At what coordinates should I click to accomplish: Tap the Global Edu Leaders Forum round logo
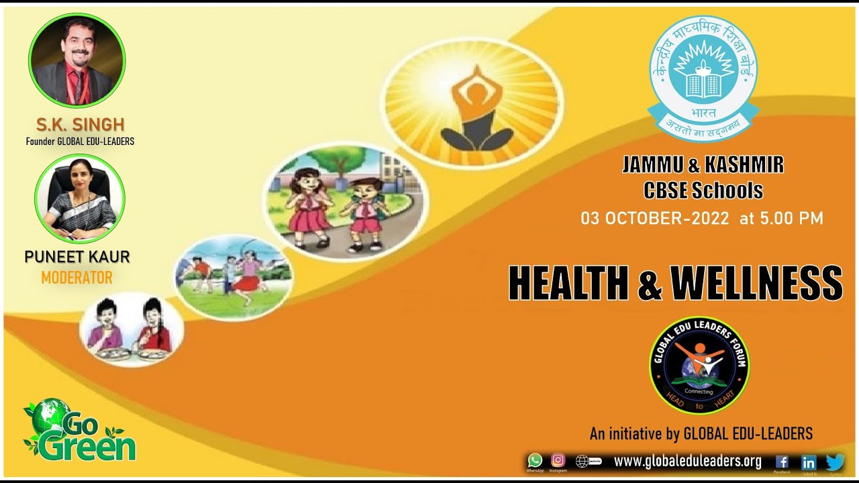[699, 365]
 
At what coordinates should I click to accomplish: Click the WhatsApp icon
[535, 460]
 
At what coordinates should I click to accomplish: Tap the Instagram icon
[558, 460]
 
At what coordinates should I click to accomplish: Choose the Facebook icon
[782, 462]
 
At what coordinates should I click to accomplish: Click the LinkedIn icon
[809, 462]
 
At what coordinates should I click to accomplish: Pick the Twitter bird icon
[835, 462]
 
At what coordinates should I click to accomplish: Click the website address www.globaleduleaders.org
[687, 462]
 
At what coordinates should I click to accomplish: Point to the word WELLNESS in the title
[756, 283]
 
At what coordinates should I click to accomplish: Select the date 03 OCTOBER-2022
[654, 218]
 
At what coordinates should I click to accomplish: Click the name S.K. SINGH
[81, 124]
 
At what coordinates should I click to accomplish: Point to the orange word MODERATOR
[77, 277]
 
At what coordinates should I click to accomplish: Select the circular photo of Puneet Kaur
[80, 199]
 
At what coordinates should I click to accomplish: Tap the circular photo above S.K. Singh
[77, 61]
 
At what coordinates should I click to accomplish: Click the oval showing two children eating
[132, 328]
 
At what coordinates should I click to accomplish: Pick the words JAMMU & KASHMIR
[703, 164]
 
